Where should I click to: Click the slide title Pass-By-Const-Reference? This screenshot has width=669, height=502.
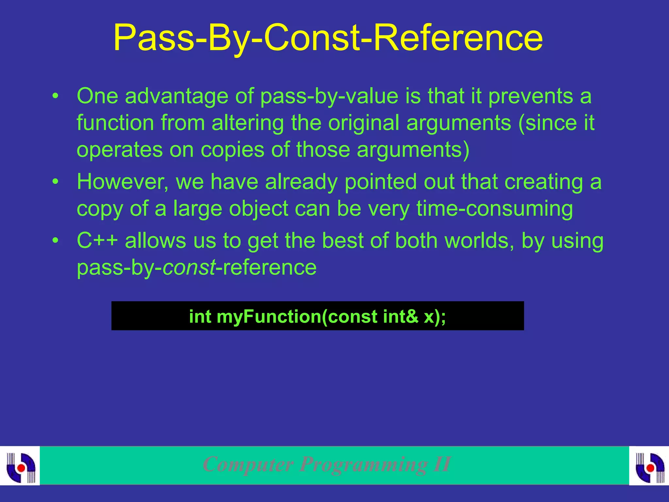[x=328, y=38]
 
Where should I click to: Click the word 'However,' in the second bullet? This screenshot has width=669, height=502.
[x=123, y=182]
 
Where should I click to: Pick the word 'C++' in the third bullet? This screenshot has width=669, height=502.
[x=97, y=241]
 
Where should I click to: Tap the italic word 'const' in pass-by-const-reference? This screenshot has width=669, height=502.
[x=189, y=267]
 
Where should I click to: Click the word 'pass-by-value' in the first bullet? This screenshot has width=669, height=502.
[x=329, y=96]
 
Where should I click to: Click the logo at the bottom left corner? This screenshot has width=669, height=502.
[x=20, y=465]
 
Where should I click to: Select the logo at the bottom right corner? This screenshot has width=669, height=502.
[x=649, y=465]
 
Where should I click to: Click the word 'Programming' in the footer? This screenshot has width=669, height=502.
[x=363, y=464]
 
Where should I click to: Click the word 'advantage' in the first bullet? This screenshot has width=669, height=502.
[x=176, y=96]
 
